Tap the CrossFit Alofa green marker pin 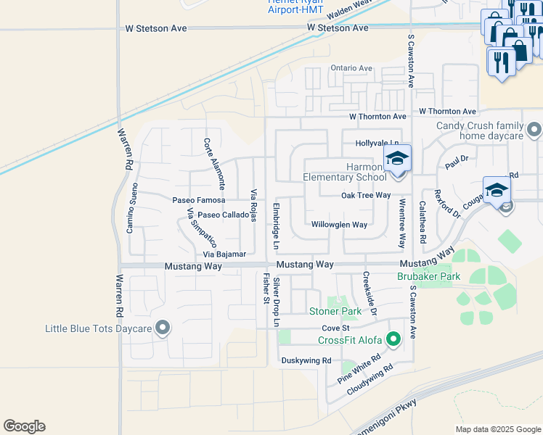pos(393,339)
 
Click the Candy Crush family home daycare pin pos(534,130)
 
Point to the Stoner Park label pos(335,312)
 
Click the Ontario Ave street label pos(351,68)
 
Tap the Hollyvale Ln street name pos(377,144)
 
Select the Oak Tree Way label pos(366,196)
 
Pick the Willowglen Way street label pos(339,225)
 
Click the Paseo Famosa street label pos(199,199)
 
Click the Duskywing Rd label pos(306,360)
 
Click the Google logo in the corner pos(24,426)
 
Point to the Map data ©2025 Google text pos(497,429)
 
